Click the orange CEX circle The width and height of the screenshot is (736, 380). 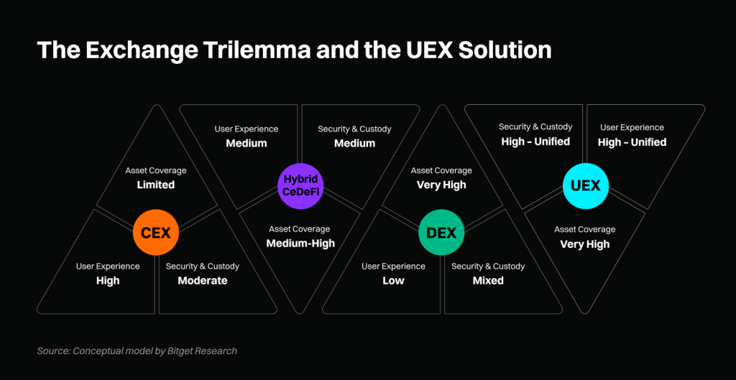point(155,233)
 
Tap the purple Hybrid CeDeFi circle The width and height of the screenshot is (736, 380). point(300,185)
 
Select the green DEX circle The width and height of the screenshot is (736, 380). point(441,233)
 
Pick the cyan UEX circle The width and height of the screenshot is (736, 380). point(585,185)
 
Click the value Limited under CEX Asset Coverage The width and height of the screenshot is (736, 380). point(156,185)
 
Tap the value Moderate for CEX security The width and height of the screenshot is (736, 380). point(203,280)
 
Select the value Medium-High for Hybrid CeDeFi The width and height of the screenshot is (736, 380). point(300,243)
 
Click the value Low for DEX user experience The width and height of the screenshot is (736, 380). point(393,280)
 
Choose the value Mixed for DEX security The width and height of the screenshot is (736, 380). point(488,280)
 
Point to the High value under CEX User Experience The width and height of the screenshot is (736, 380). point(108,280)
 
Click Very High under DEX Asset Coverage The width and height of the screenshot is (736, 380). point(441,185)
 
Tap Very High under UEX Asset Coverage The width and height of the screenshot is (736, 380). point(585,244)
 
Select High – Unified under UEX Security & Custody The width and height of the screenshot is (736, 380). point(535,142)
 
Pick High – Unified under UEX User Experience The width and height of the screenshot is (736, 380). point(632,142)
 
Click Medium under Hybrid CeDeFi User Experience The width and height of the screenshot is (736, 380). point(247,143)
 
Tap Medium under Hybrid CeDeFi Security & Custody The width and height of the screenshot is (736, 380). point(355,143)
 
